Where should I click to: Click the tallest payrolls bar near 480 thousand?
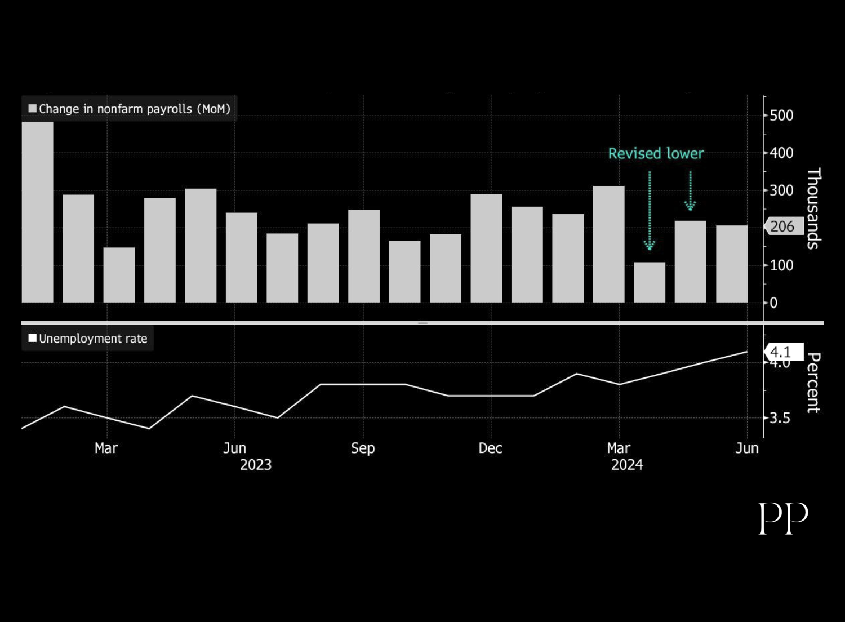pos(37,212)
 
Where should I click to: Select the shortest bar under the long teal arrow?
pos(650,282)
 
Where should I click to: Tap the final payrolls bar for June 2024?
pos(731,264)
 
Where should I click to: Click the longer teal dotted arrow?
pos(650,211)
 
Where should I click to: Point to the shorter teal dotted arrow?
pos(690,191)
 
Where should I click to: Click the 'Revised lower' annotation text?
pos(656,153)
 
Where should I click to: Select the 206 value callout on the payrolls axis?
pos(782,226)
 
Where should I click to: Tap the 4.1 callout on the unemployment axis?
pos(782,352)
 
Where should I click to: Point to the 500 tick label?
pos(781,115)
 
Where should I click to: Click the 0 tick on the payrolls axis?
pos(773,303)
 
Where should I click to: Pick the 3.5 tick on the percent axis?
pos(780,418)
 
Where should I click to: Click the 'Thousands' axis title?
pos(813,208)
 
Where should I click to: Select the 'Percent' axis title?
pos(813,383)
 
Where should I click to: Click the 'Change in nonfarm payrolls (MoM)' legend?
pos(130,109)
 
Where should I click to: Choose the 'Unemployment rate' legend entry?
pos(88,339)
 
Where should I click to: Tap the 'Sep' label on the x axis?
pos(363,448)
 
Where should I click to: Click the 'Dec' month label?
pos(490,448)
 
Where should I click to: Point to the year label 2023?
pos(256,465)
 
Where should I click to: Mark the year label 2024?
pos(627,465)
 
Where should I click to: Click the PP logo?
pos(783,518)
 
